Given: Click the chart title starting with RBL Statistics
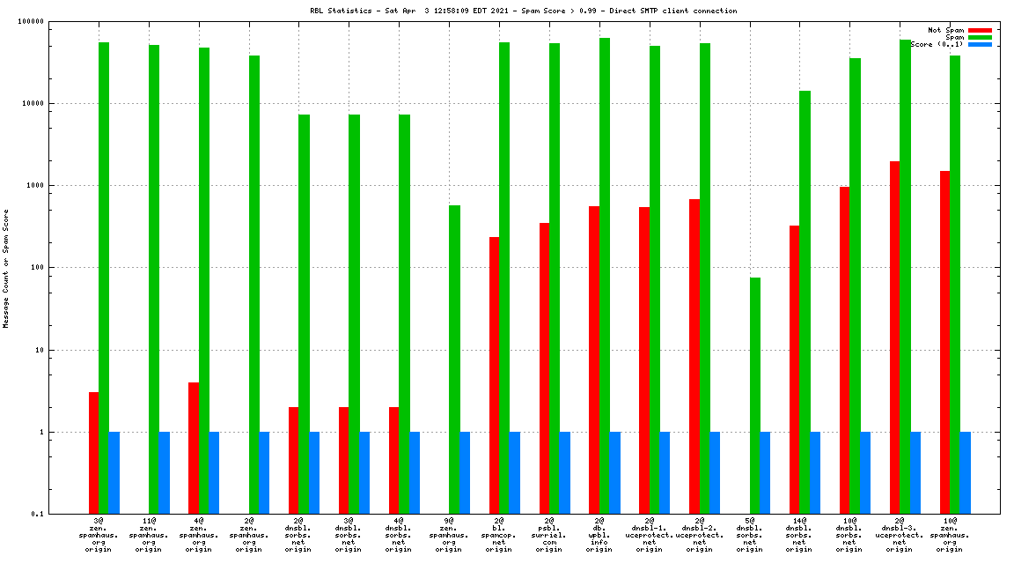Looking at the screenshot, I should [x=524, y=11].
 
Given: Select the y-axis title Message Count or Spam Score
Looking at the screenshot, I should [x=6, y=268].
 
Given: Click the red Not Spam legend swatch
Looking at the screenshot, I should [x=980, y=30].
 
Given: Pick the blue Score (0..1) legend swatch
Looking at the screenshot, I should [x=980, y=44].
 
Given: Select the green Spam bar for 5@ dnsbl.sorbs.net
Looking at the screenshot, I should [x=755, y=396].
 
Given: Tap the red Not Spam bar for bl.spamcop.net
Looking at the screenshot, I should [x=495, y=375].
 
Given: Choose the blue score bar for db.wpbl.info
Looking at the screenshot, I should [x=614, y=473].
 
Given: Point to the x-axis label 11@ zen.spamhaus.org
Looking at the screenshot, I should [x=149, y=535].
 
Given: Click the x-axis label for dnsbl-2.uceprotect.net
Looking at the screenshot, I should [x=700, y=535].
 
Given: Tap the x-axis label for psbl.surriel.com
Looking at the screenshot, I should [x=549, y=535].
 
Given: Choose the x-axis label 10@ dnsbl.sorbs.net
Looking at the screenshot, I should [x=849, y=535].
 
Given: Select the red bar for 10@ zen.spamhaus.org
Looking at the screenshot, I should [x=944, y=343].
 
